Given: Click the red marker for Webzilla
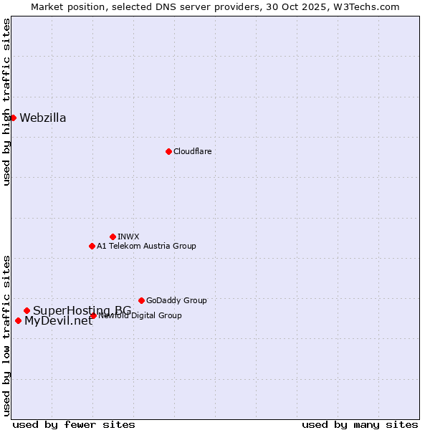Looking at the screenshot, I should coord(13,118).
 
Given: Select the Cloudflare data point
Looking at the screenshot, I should coord(168,151).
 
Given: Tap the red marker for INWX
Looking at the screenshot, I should coord(113,236).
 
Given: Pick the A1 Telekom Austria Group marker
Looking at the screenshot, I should coord(92,246).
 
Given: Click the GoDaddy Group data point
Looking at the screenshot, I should coord(141,300).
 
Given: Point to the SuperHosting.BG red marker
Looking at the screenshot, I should coord(27,310).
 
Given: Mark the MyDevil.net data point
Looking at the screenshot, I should coord(18,320).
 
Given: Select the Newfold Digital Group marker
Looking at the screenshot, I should coord(93,315).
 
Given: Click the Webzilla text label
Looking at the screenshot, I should coord(43,118).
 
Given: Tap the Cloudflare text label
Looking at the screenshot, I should coord(192,151).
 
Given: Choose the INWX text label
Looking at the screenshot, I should coord(128,236).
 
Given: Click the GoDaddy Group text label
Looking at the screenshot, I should coord(176,300).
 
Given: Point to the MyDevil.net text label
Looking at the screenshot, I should coord(58,321).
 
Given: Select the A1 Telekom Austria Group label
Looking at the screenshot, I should coord(146,246).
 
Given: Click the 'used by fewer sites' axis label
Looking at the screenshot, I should coord(74,424).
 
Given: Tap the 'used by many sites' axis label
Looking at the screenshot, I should coord(360,424).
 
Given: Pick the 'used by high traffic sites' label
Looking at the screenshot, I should coord(6,102).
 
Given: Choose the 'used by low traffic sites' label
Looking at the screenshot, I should coord(6,335).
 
